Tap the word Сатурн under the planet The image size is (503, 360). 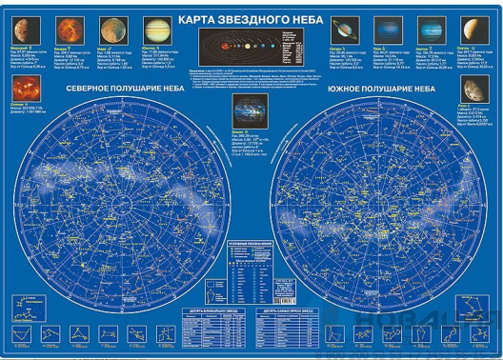pyautogui.click(x=339, y=44)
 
